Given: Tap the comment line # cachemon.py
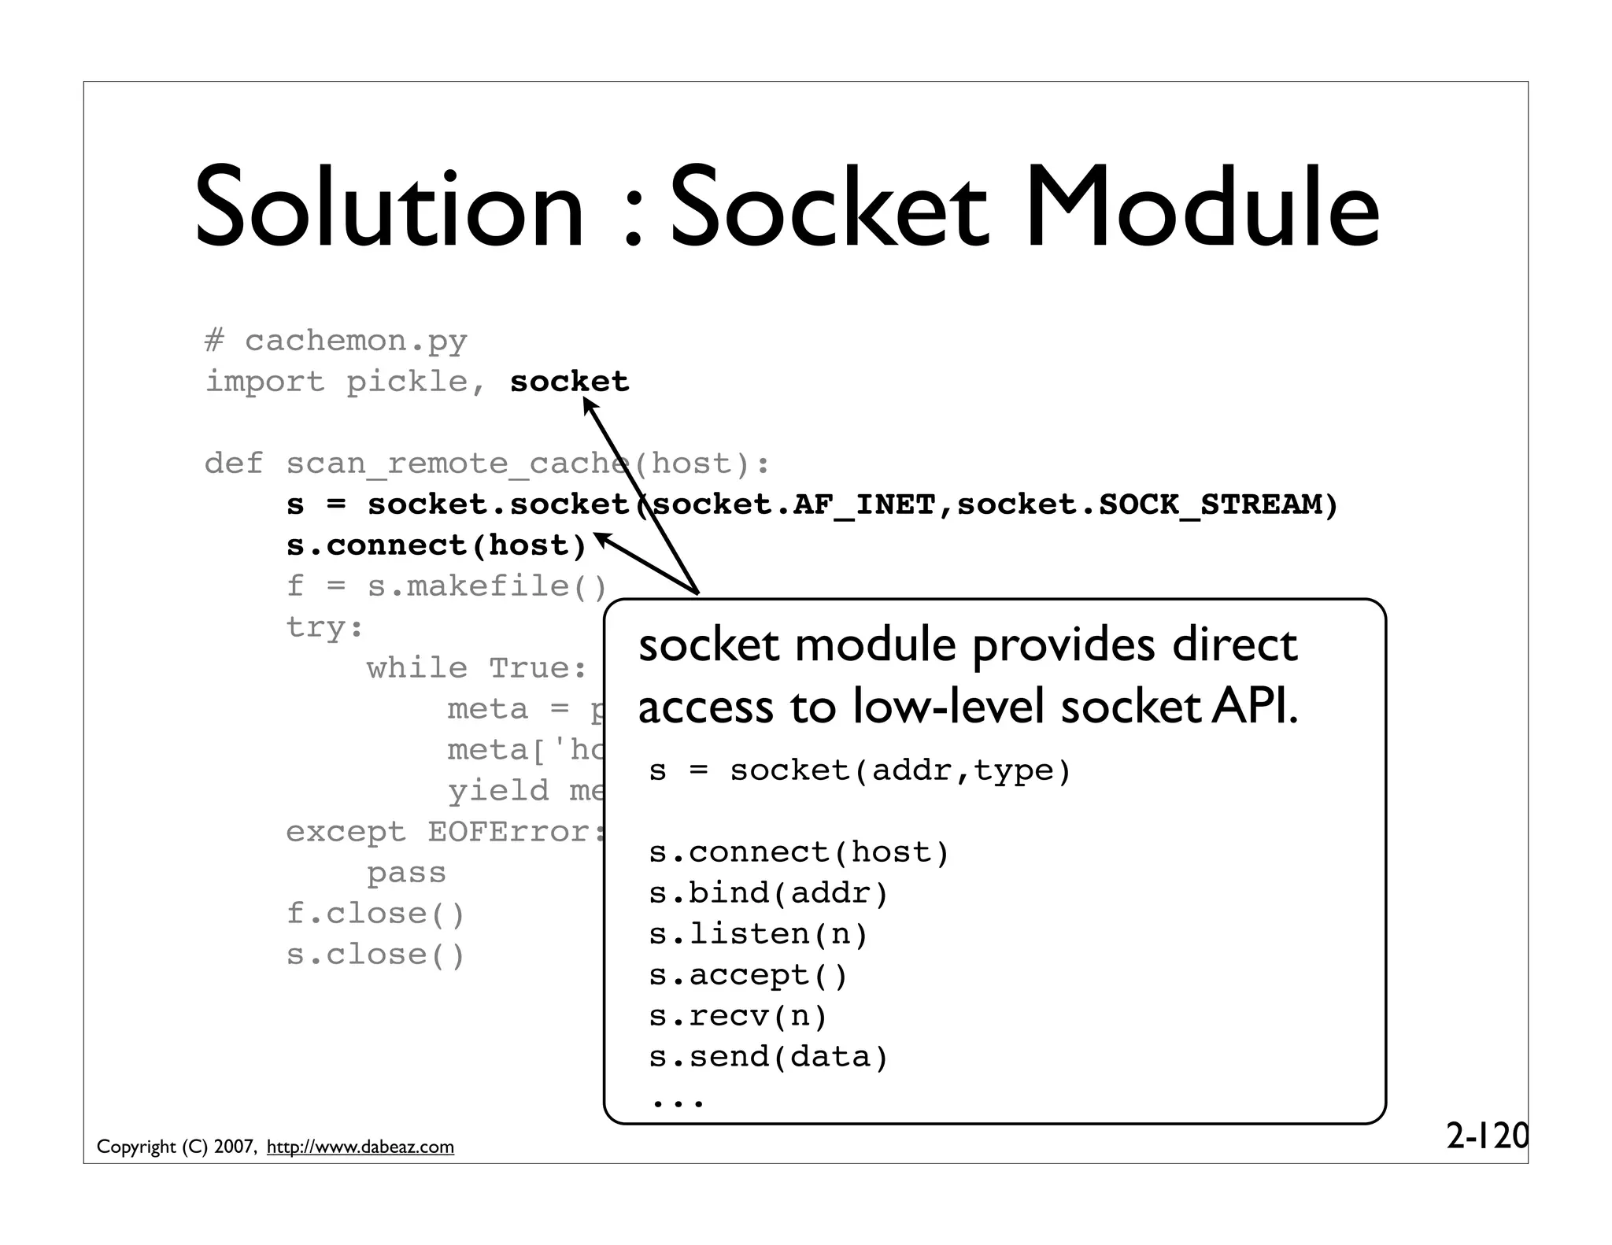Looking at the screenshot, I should [x=336, y=342].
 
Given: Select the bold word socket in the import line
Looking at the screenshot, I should [x=569, y=382].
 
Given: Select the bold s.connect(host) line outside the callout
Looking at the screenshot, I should [x=437, y=545].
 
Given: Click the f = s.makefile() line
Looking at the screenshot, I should [x=446, y=586].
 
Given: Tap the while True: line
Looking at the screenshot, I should [x=477, y=668].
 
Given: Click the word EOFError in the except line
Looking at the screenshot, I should [x=509, y=832].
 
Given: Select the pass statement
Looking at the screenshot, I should [x=406, y=873].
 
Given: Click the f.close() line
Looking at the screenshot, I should [x=375, y=914].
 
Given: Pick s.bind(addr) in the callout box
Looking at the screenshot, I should [x=768, y=893].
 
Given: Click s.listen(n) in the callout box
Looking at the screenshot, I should [x=758, y=934].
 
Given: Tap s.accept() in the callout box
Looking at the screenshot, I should [x=748, y=975].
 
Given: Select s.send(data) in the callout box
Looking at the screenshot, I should [x=768, y=1057].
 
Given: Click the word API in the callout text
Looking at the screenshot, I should [x=1254, y=707].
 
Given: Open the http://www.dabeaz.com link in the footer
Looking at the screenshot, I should [x=360, y=1147].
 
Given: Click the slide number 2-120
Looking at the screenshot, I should [x=1486, y=1136].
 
